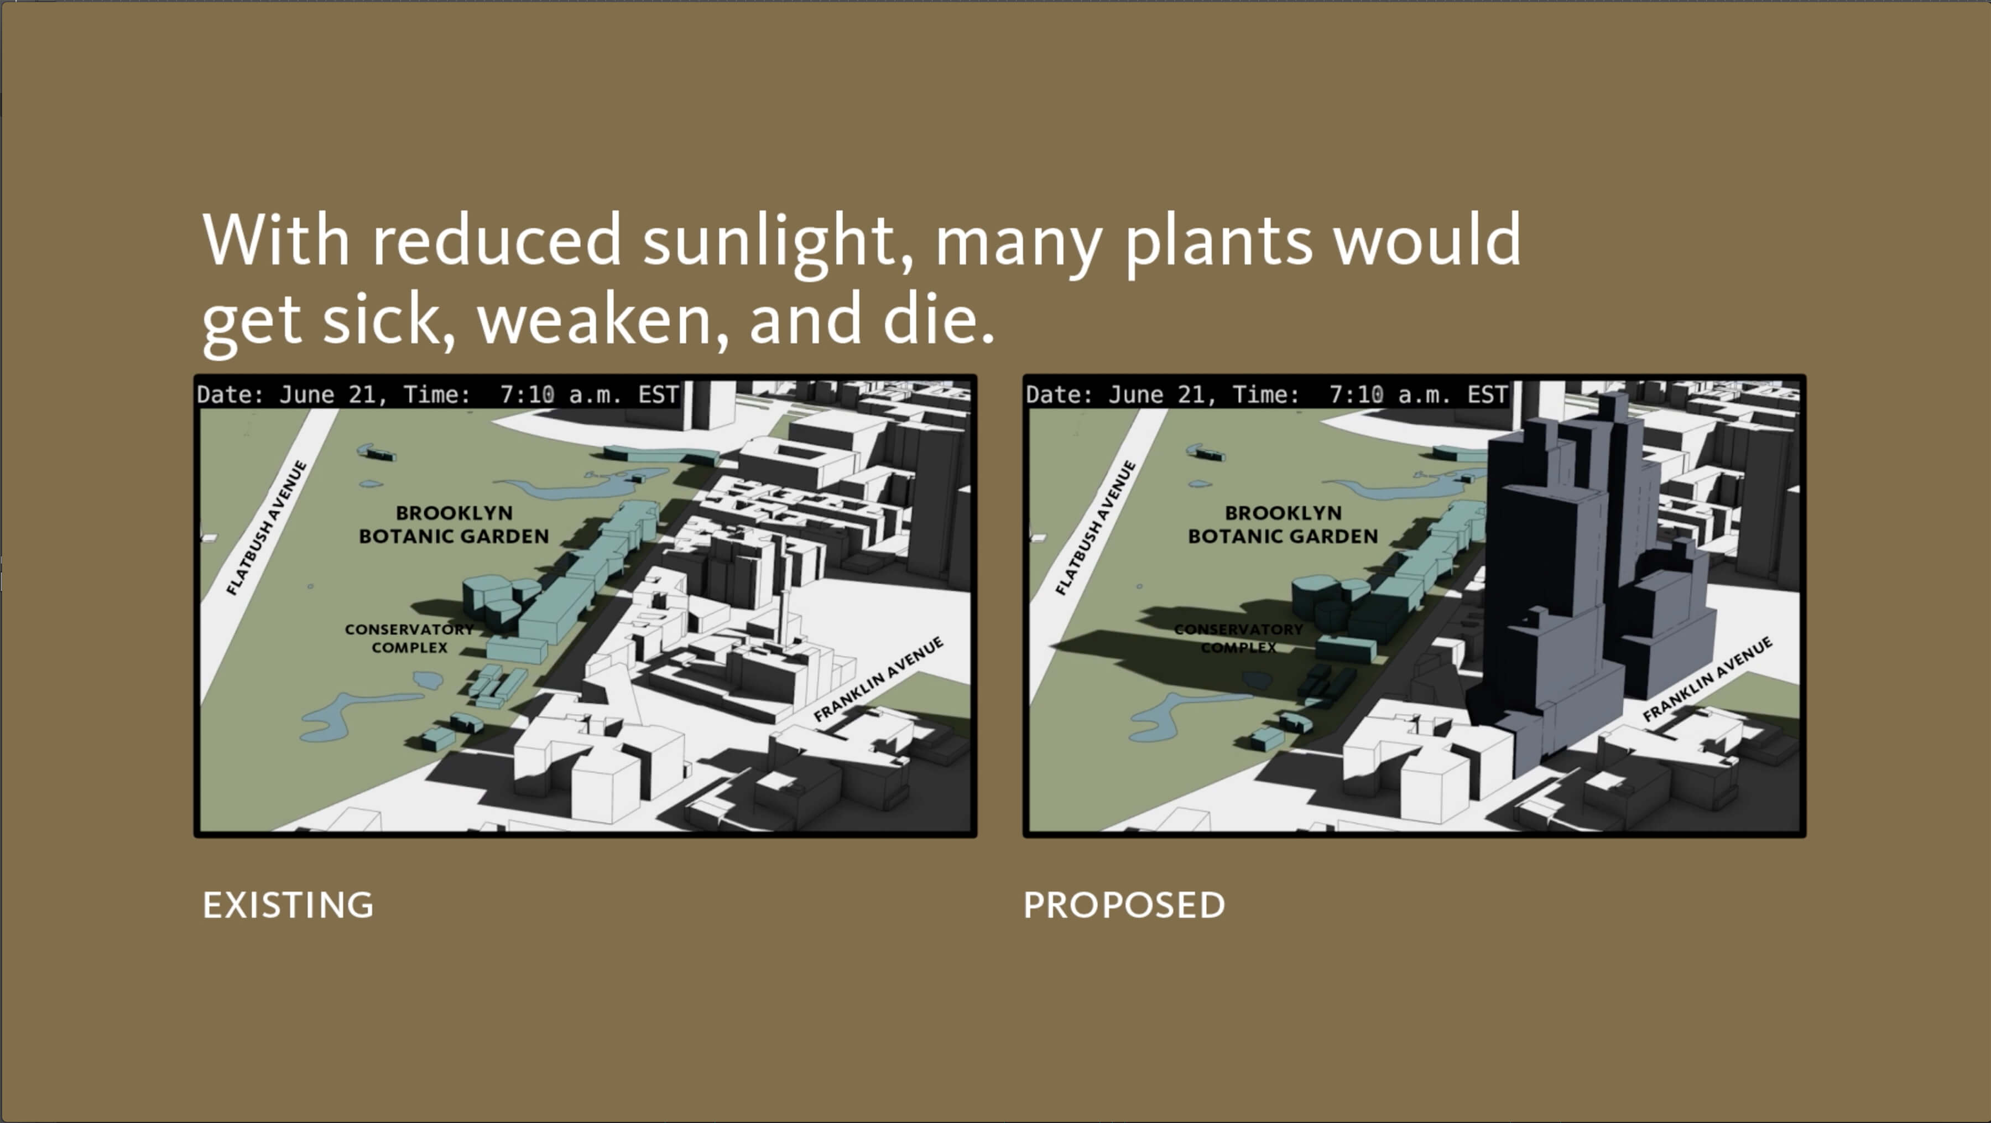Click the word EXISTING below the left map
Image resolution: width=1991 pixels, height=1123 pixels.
pos(288,905)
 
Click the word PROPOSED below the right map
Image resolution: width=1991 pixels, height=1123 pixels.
pos(1124,905)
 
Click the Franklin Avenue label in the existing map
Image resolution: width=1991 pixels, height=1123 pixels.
pos(879,679)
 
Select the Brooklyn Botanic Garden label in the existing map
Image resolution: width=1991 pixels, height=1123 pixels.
pos(454,524)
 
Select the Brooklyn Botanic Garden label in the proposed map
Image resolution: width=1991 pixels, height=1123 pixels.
pos(1283,524)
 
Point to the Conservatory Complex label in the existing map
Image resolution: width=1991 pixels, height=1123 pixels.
pos(409,638)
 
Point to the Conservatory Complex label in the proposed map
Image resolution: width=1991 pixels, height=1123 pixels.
pos(1238,638)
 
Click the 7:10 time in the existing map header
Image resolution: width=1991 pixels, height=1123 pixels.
pos(527,395)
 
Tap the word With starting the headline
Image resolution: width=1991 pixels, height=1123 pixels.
pos(276,240)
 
